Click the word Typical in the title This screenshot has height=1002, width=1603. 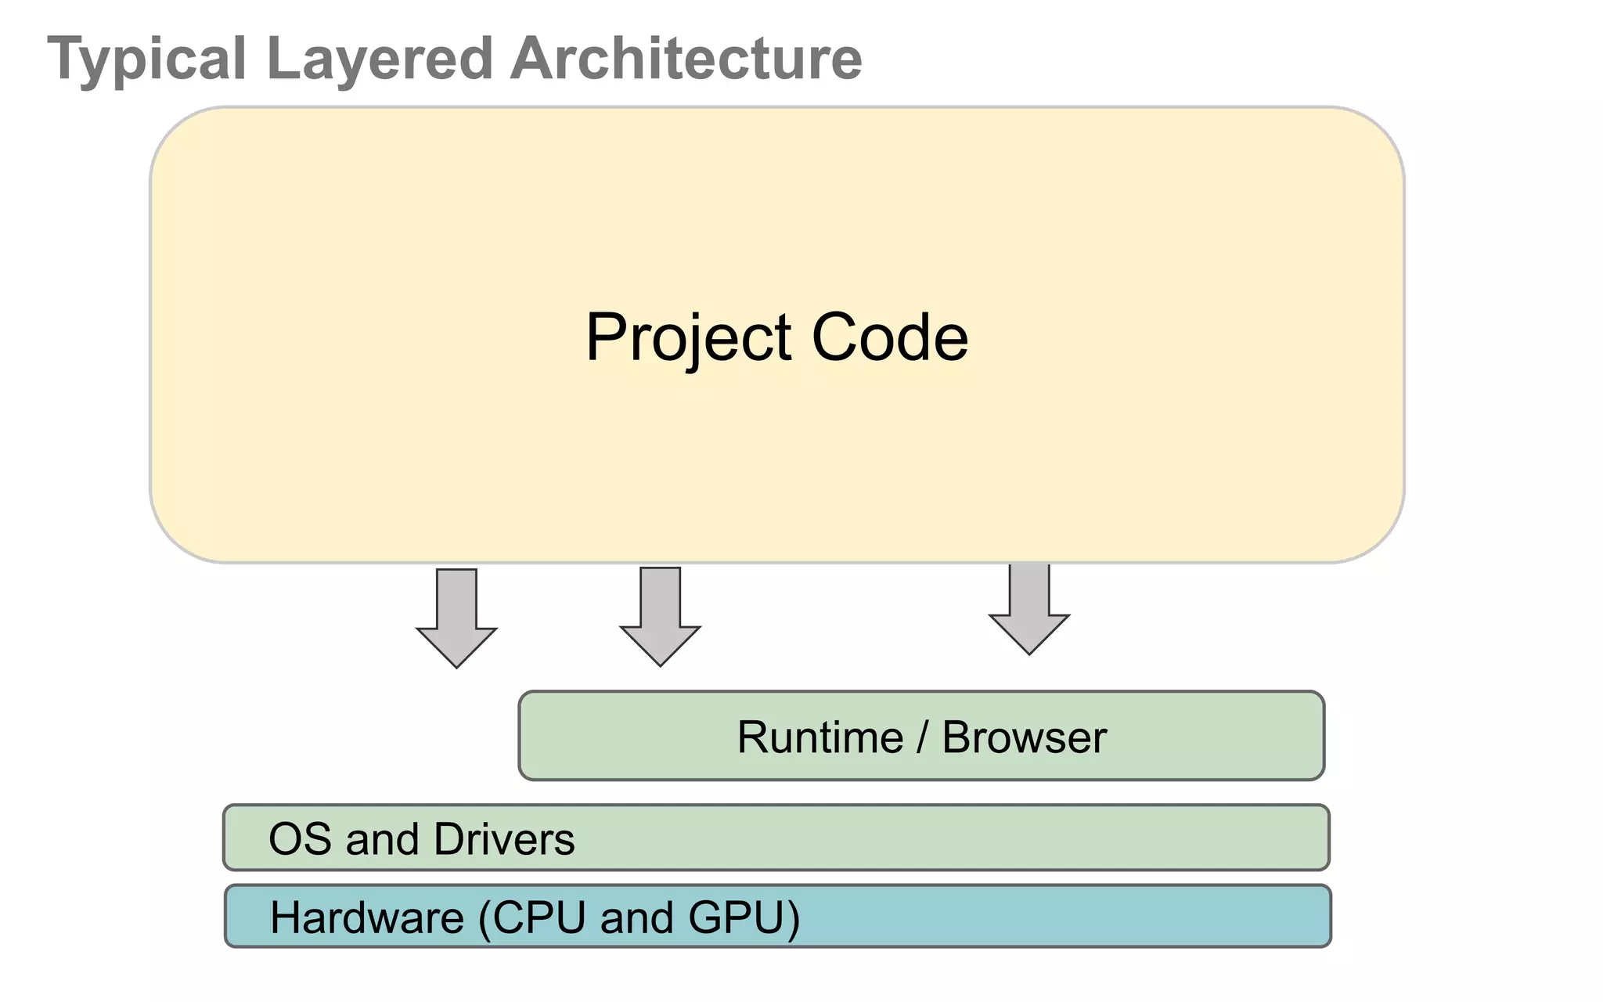coord(147,59)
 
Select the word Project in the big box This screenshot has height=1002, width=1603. coord(689,337)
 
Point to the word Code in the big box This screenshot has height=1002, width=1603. coord(890,337)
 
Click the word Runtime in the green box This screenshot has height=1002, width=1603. coord(820,737)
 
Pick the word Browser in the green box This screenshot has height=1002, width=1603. coord(1024,737)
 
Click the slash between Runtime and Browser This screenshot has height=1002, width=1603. coord(923,737)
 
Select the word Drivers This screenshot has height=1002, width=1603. coord(504,839)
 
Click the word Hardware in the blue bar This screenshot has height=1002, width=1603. coord(367,917)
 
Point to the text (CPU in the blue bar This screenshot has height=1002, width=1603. coord(531,917)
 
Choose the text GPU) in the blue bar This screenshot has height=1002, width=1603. coord(744,917)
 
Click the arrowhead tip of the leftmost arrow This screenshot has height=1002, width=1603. coord(456,665)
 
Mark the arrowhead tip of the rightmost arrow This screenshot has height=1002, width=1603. coord(1029,652)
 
